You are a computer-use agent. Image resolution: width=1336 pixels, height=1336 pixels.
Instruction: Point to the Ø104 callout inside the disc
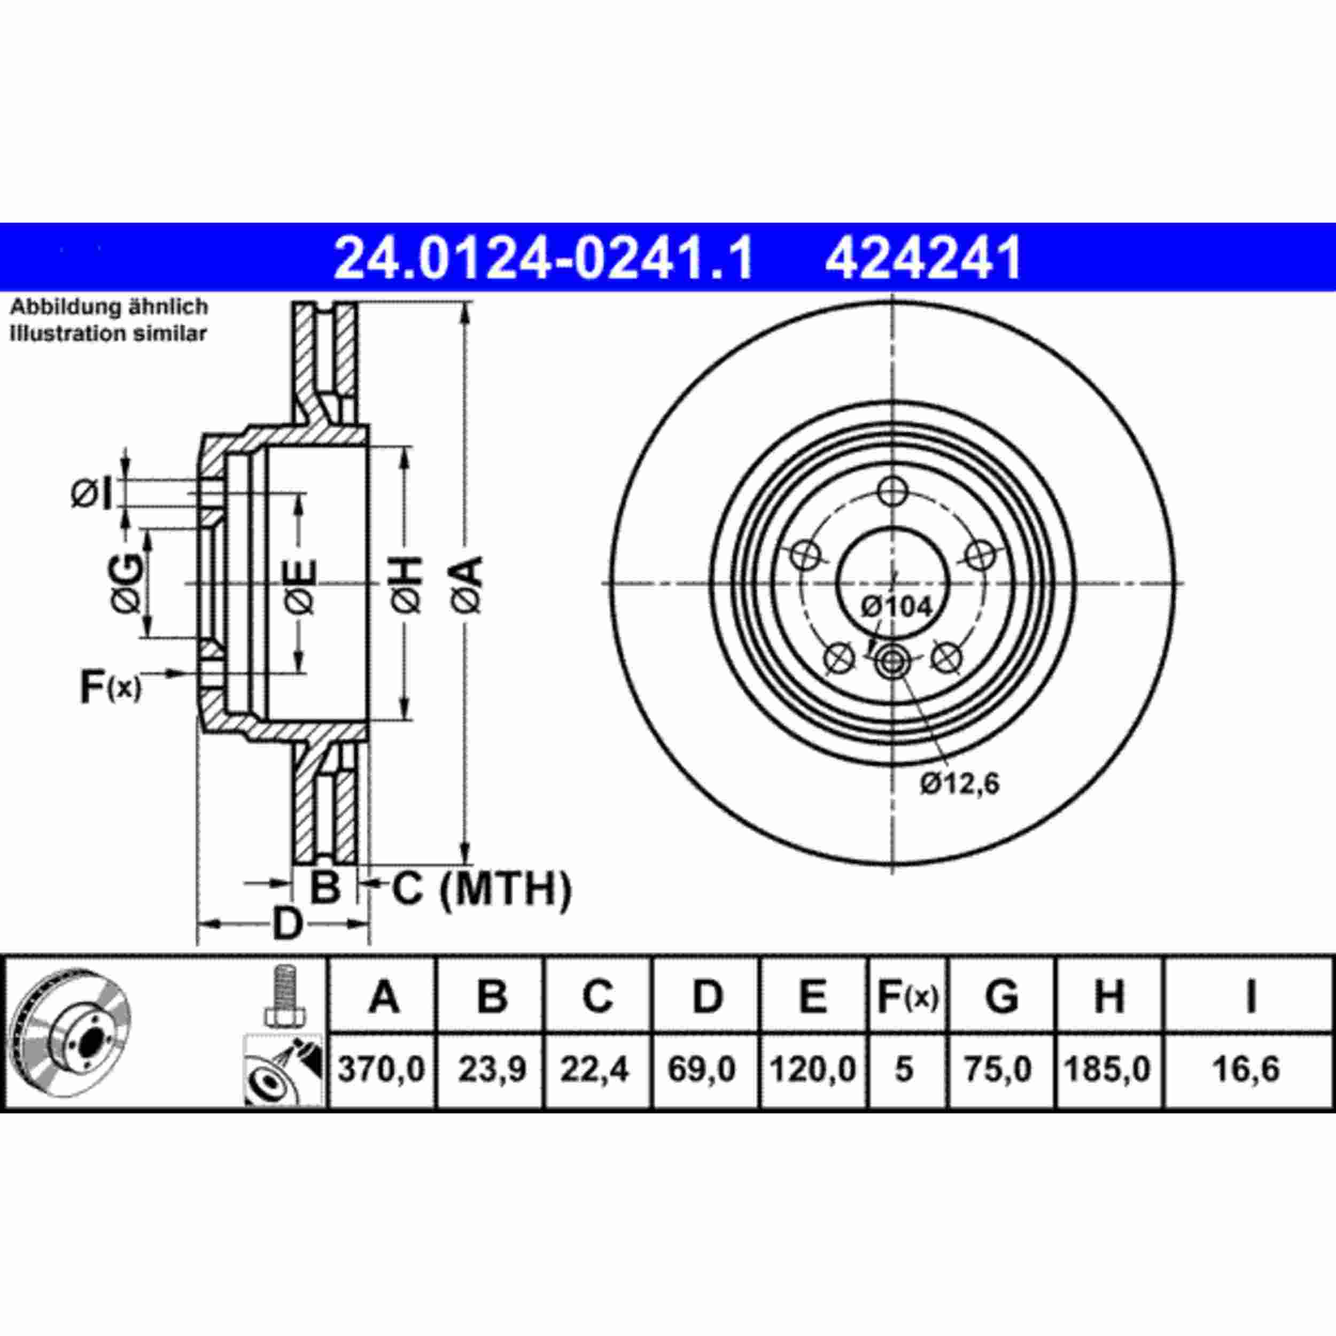tap(897, 607)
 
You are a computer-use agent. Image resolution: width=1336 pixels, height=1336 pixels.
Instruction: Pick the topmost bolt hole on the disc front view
tap(893, 492)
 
